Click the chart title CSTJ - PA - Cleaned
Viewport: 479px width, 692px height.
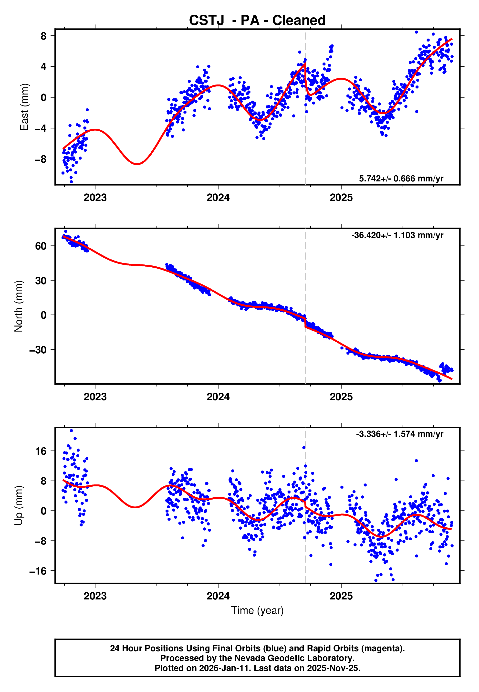[x=257, y=21]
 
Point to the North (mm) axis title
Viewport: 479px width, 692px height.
[x=19, y=306]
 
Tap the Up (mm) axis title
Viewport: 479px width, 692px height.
[x=19, y=505]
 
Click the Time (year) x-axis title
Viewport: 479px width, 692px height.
[x=257, y=610]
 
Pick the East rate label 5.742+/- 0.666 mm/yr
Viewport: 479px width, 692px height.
[x=401, y=178]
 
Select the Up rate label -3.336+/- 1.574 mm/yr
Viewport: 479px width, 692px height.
[x=399, y=434]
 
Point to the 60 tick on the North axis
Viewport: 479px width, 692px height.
[x=41, y=246]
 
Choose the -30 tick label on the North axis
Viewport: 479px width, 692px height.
[x=38, y=350]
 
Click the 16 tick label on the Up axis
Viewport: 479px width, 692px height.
[x=41, y=451]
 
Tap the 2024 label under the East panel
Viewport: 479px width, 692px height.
[x=218, y=198]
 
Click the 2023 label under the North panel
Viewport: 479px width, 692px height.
[x=95, y=397]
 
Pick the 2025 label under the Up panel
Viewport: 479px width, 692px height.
[x=341, y=596]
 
